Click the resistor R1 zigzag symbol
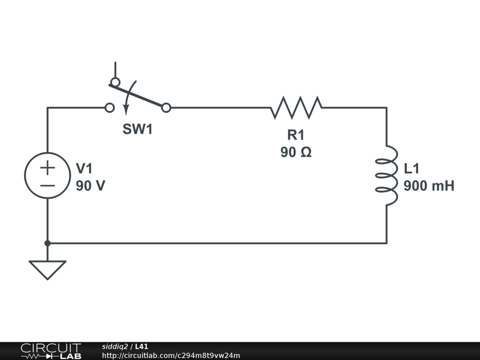pyautogui.click(x=296, y=107)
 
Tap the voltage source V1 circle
pyautogui.click(x=47, y=175)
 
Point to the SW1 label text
pyautogui.click(x=138, y=130)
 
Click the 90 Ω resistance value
pyautogui.click(x=296, y=152)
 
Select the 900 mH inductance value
pyautogui.click(x=429, y=186)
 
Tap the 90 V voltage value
pyautogui.click(x=90, y=186)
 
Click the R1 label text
pyautogui.click(x=296, y=135)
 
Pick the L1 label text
pyautogui.click(x=412, y=168)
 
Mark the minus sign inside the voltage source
pyautogui.click(x=47, y=185)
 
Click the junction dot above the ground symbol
pyautogui.click(x=47, y=243)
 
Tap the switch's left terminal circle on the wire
pyautogui.click(x=110, y=108)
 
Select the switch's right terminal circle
pyautogui.click(x=166, y=108)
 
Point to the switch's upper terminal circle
pyautogui.click(x=115, y=82)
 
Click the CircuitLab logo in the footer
pyautogui.click(x=50, y=351)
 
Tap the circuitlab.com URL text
pyautogui.click(x=171, y=355)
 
